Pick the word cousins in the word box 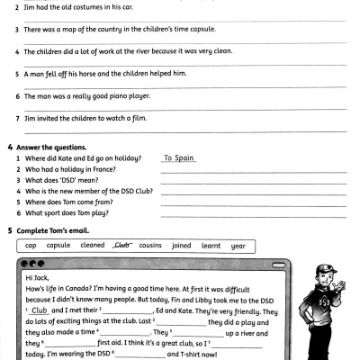150,245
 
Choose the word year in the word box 238,245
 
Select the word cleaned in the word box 92,245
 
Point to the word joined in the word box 181,245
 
